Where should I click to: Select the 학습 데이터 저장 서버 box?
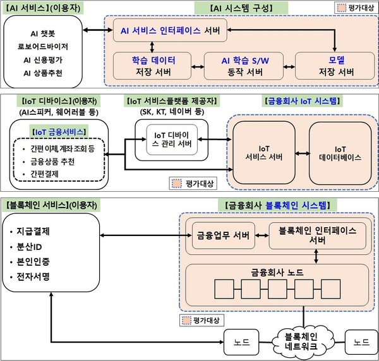point(153,66)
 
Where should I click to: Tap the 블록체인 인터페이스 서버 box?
point(312,235)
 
